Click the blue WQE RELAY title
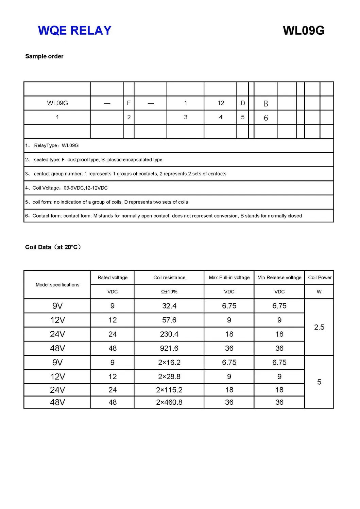[74, 31]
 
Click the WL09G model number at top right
[303, 31]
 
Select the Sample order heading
[44, 56]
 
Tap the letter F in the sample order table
[129, 103]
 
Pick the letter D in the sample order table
[243, 103]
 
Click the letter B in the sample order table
[266, 104]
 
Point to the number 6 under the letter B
[266, 118]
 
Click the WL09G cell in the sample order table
[57, 103]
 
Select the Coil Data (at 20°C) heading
[53, 247]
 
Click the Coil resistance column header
[169, 278]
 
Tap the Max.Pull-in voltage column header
[229, 278]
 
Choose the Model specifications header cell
[57, 285]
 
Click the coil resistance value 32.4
[169, 306]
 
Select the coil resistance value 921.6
[169, 348]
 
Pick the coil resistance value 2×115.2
[169, 390]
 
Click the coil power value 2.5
[319, 327]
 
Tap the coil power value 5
[319, 382]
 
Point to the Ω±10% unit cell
[169, 292]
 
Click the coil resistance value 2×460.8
[169, 402]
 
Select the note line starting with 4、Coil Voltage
[67, 188]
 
